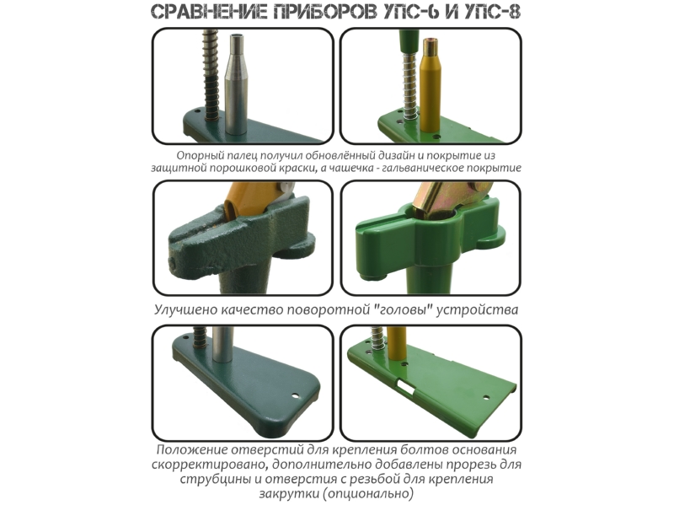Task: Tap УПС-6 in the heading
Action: tap(410, 12)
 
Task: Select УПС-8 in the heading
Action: tap(492, 12)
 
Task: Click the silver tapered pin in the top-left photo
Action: tap(236, 83)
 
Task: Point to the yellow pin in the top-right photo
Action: tap(431, 84)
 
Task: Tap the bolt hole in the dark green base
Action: tap(295, 395)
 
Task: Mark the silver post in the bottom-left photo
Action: tap(222, 345)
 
